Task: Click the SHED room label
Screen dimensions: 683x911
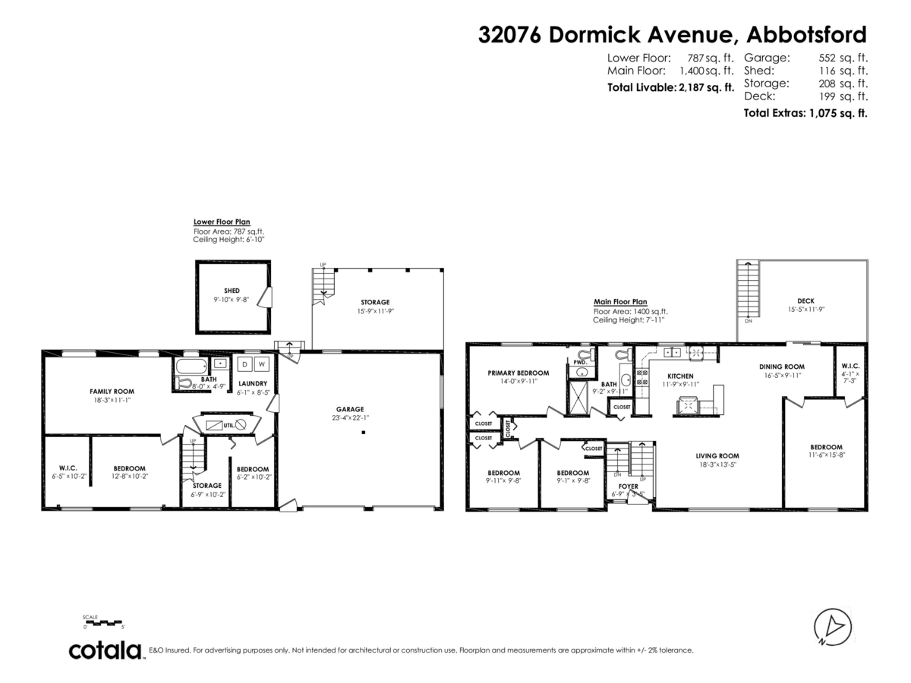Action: tap(232, 291)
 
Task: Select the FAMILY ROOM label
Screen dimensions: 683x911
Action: tap(106, 392)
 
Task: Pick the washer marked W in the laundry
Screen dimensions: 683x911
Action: tap(260, 363)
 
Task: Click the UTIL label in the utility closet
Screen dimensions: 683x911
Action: tap(228, 424)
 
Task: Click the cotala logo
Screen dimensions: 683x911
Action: tap(106, 650)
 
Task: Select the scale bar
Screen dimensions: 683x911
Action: tap(103, 622)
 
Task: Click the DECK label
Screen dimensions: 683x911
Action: tap(805, 301)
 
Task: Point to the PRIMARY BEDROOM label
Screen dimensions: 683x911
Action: tap(518, 373)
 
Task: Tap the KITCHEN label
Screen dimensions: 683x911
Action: tap(679, 376)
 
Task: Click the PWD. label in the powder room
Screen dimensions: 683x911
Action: tap(580, 363)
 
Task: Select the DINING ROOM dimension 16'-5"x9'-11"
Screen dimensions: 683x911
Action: tap(781, 375)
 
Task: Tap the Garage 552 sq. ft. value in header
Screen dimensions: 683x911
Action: tap(843, 57)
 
